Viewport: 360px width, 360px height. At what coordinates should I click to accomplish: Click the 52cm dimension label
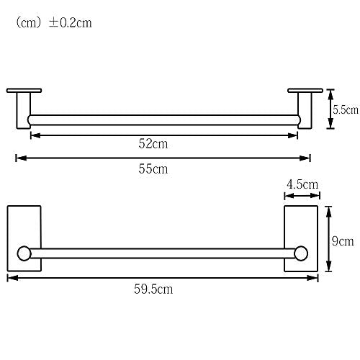[153, 144]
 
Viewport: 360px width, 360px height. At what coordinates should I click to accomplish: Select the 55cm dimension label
[153, 168]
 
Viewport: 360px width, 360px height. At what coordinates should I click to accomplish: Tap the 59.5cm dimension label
[153, 289]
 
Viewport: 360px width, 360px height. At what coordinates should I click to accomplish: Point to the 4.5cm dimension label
[302, 184]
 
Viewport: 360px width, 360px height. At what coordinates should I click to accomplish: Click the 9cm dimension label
[343, 241]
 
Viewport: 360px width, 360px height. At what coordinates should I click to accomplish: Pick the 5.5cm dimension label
[346, 109]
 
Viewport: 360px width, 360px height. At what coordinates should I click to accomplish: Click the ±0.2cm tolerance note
[71, 23]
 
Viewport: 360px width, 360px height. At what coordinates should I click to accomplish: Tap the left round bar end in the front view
[24, 253]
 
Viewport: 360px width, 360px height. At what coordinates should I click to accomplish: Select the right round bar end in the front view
[301, 253]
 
